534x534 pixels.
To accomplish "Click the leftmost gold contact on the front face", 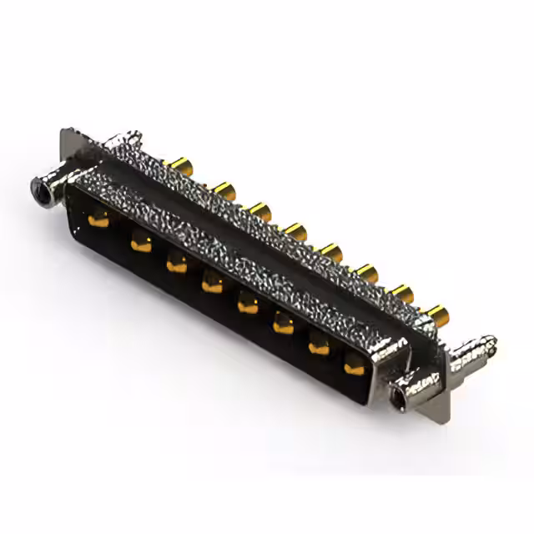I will pyautogui.click(x=98, y=220).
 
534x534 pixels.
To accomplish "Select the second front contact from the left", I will pyautogui.click(x=141, y=243).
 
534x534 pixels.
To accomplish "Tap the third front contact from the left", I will pyautogui.click(x=177, y=264).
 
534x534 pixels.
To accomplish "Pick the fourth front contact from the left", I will pyautogui.click(x=213, y=285).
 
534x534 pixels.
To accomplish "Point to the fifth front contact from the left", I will pyautogui.click(x=248, y=305).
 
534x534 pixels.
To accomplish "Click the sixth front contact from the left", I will pyautogui.click(x=284, y=325).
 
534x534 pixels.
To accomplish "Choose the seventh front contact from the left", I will pyautogui.click(x=320, y=344).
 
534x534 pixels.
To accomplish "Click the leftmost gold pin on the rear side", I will pyautogui.click(x=178, y=163).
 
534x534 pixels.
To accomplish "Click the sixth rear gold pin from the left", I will pyautogui.click(x=367, y=272).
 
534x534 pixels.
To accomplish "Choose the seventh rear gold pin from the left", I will pyautogui.click(x=403, y=293).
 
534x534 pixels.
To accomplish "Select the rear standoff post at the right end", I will pyautogui.click(x=476, y=348).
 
